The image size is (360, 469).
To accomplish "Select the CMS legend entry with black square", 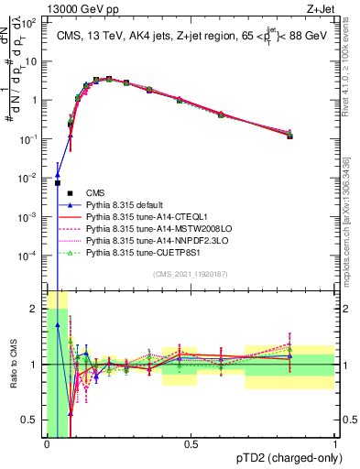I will click(95, 191).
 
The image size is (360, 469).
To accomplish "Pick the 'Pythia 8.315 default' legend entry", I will click(128, 205).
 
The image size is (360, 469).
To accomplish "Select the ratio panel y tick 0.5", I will click(30, 420).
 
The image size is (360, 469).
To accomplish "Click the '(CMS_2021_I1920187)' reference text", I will click(191, 274).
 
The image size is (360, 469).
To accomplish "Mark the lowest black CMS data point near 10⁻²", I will click(58, 183).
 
